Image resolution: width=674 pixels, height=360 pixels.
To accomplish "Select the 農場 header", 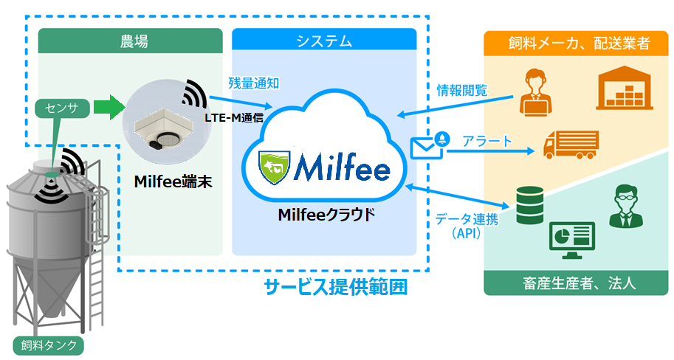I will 130,42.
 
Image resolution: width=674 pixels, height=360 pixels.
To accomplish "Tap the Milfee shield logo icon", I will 275,168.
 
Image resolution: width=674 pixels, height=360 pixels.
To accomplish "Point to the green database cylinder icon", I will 529,203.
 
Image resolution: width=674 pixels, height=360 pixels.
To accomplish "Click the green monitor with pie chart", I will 571,240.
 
